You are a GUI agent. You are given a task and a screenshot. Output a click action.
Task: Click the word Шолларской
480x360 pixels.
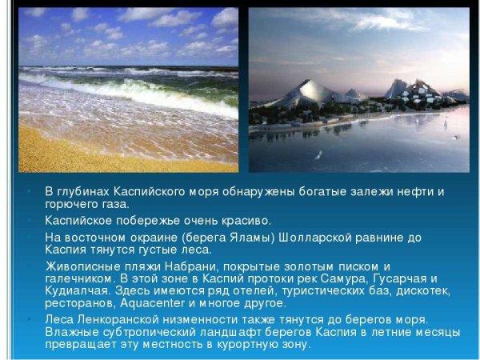(x=335, y=238)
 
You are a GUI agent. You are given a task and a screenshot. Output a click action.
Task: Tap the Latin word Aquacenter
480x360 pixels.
(x=150, y=303)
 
